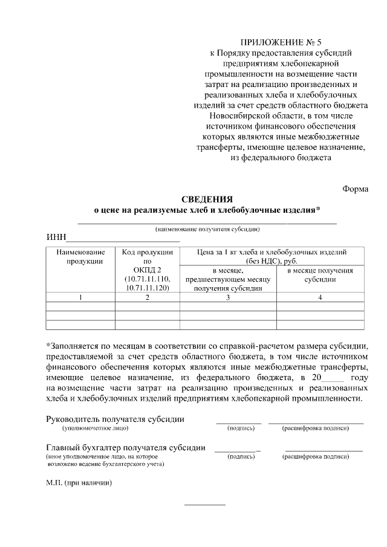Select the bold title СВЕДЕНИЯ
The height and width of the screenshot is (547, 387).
[x=207, y=199]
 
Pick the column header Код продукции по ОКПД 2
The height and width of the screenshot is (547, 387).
[x=148, y=270]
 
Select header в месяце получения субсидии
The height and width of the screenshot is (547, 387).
[x=320, y=275]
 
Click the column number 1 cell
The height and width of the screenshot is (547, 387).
[x=81, y=297]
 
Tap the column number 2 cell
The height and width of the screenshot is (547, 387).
[x=148, y=297]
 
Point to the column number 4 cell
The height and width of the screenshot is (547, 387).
[x=320, y=297]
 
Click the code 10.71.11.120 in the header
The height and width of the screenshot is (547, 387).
[x=148, y=288]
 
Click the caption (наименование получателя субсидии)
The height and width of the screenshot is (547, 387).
[x=207, y=230]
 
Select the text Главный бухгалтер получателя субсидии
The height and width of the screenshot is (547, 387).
[x=125, y=448]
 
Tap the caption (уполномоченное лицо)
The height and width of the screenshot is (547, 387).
[x=95, y=428]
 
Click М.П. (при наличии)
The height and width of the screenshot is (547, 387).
[x=79, y=483]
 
